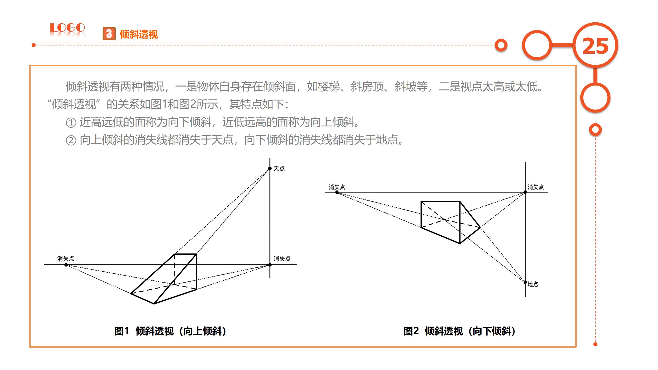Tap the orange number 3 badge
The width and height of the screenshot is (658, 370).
pos(109,34)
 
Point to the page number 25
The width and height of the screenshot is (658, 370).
pos(595,46)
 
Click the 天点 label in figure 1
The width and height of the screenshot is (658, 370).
pos(279,169)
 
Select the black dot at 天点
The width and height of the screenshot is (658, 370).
pos(270,169)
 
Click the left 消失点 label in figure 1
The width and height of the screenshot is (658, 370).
pos(66,258)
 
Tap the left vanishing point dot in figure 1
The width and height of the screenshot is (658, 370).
pos(66,265)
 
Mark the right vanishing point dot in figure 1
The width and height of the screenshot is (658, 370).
pos(270,265)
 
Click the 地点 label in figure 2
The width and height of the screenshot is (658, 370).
pos(533,284)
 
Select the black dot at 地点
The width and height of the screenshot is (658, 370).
pos(525,282)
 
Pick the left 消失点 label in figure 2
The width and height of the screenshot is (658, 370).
pos(337,187)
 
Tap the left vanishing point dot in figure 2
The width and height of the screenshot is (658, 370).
pos(337,192)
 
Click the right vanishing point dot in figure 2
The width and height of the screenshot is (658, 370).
pos(525,192)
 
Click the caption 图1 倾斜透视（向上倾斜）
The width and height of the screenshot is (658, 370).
pos(170,331)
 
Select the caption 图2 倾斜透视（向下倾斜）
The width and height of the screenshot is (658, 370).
pos(459,331)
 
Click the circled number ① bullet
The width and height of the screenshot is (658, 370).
pos(71,123)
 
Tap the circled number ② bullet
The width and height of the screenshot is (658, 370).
pos(71,140)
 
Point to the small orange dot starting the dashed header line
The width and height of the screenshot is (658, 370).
pos(33,45)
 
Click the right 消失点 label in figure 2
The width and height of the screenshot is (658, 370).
pos(536,187)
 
